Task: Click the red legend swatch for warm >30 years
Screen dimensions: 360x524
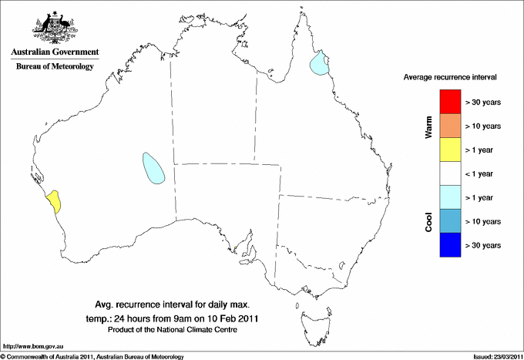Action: click(451, 102)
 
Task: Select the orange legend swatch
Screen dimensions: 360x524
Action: click(451, 126)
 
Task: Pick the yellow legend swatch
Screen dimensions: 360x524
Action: click(451, 150)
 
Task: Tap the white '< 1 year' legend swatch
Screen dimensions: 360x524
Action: click(451, 173)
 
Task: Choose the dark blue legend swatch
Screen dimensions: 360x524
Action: click(451, 245)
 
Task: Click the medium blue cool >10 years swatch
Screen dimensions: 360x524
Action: click(451, 221)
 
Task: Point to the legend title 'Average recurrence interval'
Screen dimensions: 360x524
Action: click(450, 78)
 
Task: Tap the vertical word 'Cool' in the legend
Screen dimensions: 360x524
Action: click(429, 221)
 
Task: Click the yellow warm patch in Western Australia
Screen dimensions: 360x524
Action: click(54, 201)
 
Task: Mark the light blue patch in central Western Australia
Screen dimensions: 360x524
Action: click(154, 167)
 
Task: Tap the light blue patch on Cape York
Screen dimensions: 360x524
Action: click(318, 65)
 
